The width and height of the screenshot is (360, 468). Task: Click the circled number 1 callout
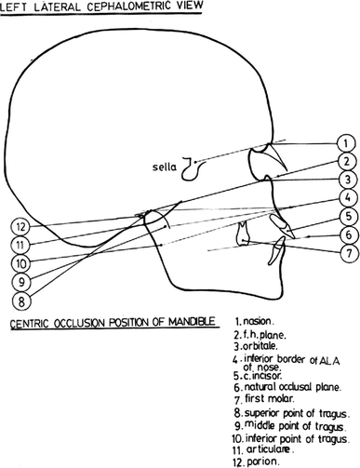pos(344,143)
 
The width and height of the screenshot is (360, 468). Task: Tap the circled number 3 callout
pos(344,180)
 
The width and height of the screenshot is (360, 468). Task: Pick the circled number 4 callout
pos(344,198)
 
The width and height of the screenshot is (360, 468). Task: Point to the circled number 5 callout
pos(344,217)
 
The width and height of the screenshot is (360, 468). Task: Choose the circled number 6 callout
pos(344,234)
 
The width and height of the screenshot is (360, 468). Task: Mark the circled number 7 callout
pos(344,253)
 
